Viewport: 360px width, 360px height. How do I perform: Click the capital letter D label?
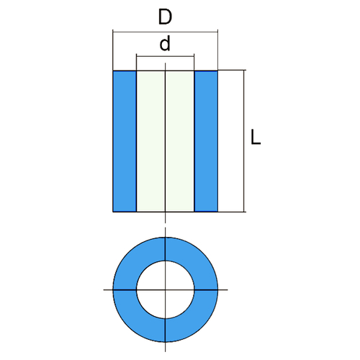point(165,17)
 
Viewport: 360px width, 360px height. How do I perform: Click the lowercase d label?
point(165,43)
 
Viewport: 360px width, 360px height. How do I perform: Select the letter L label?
point(256,137)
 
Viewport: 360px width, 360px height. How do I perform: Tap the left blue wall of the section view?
point(125,141)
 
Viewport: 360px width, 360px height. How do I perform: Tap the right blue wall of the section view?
point(206,141)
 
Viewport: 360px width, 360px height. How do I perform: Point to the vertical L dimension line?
point(244,141)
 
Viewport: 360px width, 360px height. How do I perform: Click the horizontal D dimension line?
point(165,32)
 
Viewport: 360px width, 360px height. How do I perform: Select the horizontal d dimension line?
point(165,56)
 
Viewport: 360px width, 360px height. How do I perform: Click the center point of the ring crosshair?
point(165,290)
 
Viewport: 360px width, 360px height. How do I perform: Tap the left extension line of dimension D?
point(113,50)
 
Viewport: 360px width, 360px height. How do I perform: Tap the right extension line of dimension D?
point(217,50)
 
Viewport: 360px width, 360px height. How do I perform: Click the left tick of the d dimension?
point(136,63)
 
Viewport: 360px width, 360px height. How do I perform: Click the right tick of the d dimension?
point(194,63)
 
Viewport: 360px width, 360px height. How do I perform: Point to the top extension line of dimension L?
point(232,70)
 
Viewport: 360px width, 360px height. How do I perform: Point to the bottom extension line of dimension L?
point(232,212)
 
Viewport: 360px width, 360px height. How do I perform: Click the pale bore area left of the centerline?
point(150,141)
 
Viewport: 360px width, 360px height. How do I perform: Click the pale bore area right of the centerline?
point(179,141)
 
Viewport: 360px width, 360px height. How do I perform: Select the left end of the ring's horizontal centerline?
point(104,290)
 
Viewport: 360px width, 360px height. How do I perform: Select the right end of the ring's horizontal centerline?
point(228,290)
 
